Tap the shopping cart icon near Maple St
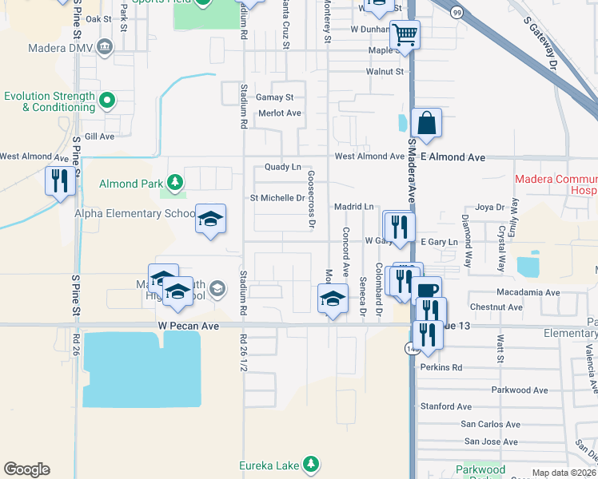(x=405, y=36)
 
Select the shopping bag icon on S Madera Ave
(x=427, y=124)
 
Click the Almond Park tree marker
(x=173, y=184)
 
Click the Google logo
(x=26, y=469)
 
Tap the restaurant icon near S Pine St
(x=60, y=181)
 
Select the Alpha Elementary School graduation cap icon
(x=210, y=220)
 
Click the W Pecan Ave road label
(x=188, y=326)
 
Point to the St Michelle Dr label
(x=277, y=198)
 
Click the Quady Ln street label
(x=283, y=168)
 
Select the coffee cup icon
(x=428, y=291)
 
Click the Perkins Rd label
(x=441, y=368)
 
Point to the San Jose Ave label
(x=491, y=441)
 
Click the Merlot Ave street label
(x=280, y=113)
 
